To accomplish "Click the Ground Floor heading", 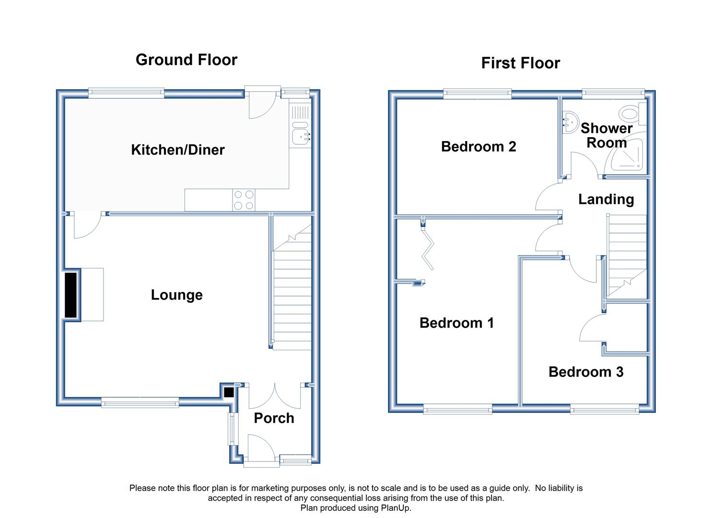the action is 186,60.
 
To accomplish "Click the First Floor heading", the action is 521,63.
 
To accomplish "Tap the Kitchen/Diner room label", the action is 178,150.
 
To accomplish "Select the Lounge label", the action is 177,295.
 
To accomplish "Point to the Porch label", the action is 274,418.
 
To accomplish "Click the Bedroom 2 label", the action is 479,147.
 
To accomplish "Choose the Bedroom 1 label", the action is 456,323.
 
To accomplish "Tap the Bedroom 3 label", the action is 586,372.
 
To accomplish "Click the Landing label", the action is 606,200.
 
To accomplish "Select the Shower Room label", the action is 607,135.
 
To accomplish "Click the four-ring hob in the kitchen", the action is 244,200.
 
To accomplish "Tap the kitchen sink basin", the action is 300,137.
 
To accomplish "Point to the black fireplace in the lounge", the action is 71,295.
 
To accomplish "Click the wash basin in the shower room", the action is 570,121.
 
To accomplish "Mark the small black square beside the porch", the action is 229,392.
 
